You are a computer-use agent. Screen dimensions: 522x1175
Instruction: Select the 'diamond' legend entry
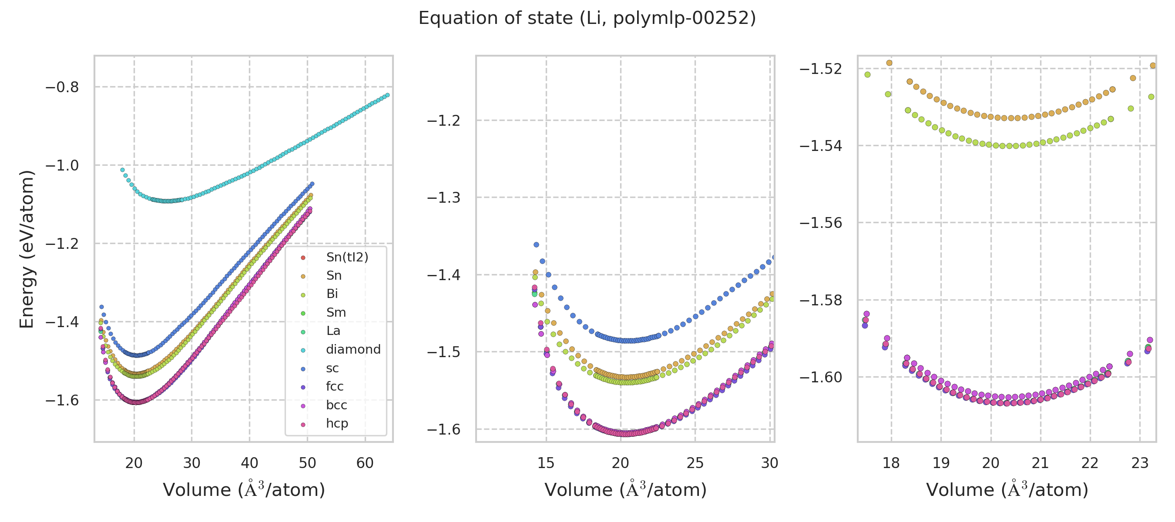pyautogui.click(x=353, y=349)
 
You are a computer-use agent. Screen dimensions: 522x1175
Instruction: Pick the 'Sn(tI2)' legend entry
pyautogui.click(x=347, y=257)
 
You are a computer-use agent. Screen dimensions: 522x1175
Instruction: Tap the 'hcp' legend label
pyautogui.click(x=337, y=423)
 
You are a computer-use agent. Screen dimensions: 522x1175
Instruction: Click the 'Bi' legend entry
pyautogui.click(x=332, y=294)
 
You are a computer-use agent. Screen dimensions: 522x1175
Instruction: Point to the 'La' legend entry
pyautogui.click(x=333, y=331)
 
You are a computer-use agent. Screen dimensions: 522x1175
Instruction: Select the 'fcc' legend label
pyautogui.click(x=334, y=386)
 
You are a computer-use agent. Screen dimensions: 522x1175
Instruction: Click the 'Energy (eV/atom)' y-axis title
pyautogui.click(x=27, y=249)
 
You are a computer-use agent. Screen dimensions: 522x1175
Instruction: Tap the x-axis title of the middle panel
pyautogui.click(x=625, y=490)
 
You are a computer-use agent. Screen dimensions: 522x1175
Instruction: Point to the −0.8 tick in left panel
pyautogui.click(x=62, y=87)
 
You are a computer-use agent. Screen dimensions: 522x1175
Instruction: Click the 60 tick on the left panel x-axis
pyautogui.click(x=365, y=463)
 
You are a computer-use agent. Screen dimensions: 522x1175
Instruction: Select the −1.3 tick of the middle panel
pyautogui.click(x=443, y=198)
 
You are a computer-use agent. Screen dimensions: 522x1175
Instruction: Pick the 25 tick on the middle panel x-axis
pyautogui.click(x=695, y=463)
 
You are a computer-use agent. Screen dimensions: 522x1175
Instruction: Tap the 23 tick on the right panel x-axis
pyautogui.click(x=1140, y=463)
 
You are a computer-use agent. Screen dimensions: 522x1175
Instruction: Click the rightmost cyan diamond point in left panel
pyautogui.click(x=388, y=95)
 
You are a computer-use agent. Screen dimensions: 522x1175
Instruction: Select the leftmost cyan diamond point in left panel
pyautogui.click(x=122, y=170)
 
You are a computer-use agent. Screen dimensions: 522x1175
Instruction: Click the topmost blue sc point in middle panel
pyautogui.click(x=537, y=245)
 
